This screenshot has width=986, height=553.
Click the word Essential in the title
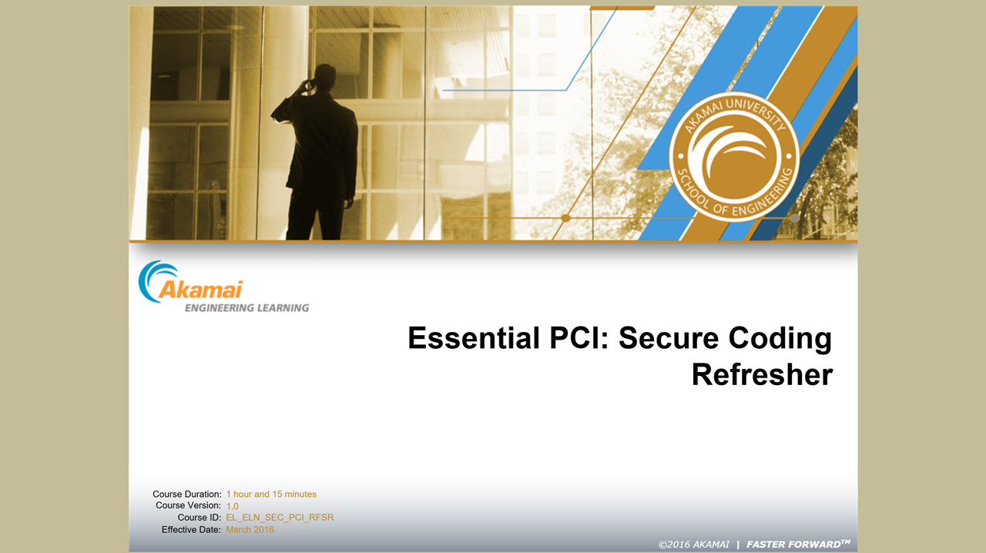click(474, 338)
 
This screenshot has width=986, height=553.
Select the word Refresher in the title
click(762, 374)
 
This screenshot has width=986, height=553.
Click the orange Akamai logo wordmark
click(201, 290)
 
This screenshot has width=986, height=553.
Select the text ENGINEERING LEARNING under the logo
click(247, 308)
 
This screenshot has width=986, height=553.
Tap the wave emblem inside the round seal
click(733, 155)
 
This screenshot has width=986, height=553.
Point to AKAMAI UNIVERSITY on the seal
click(734, 113)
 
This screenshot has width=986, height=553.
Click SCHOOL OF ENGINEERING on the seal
click(734, 194)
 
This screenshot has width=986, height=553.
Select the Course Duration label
click(187, 494)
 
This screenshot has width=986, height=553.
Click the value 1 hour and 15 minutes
click(271, 494)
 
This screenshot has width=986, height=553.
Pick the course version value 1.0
click(233, 506)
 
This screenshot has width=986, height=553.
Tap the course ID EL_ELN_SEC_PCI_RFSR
click(280, 518)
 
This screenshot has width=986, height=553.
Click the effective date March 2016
click(250, 530)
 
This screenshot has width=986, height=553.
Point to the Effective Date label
click(191, 530)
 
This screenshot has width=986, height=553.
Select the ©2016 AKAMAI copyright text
click(694, 545)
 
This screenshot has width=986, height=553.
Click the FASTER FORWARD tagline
click(798, 545)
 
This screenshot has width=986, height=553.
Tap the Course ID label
click(199, 518)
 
